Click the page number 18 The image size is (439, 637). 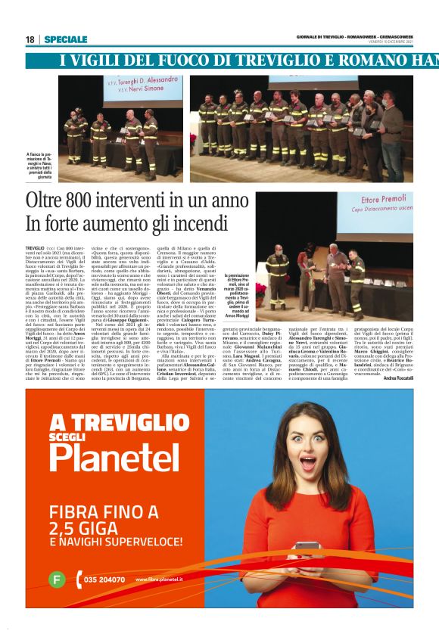click(x=30, y=39)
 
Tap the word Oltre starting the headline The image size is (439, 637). click(x=45, y=202)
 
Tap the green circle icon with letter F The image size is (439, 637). click(x=55, y=580)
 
